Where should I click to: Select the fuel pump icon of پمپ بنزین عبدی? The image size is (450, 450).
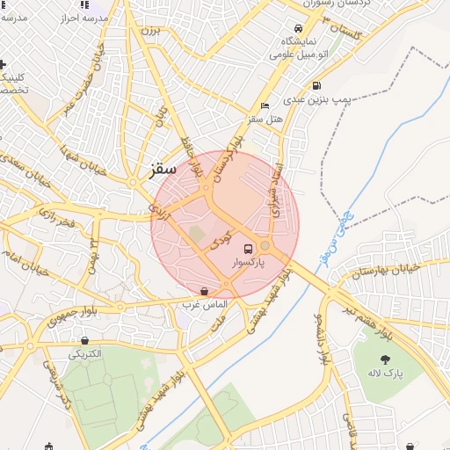(x=316, y=86)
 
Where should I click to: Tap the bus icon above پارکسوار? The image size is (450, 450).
(x=248, y=249)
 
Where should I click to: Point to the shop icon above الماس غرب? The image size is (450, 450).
(x=204, y=291)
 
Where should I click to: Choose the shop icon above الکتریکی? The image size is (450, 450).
(x=83, y=341)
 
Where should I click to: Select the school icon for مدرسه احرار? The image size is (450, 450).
(x=83, y=5)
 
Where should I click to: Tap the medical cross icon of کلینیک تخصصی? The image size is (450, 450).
(x=3, y=64)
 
